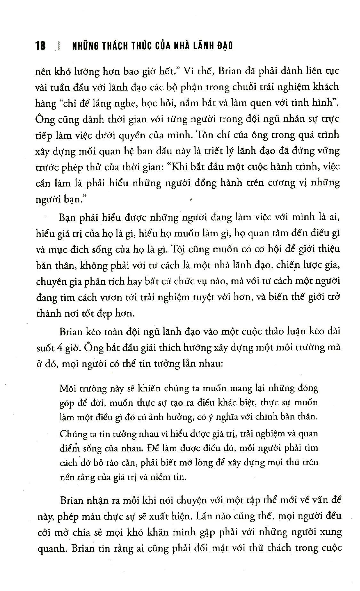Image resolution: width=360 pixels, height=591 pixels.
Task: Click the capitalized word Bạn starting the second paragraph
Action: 68,218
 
